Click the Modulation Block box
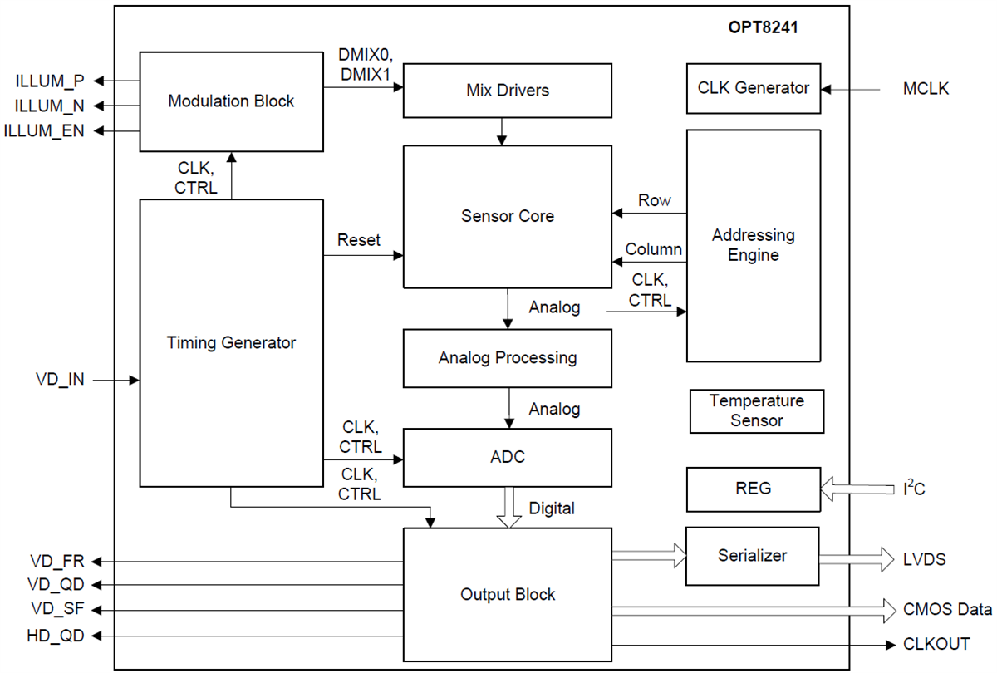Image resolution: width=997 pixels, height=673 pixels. pyautogui.click(x=231, y=101)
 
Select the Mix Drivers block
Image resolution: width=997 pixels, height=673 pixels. pyautogui.click(x=507, y=90)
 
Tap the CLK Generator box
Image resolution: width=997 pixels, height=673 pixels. pyautogui.click(x=753, y=88)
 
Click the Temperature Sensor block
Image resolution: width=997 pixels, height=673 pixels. pyautogui.click(x=756, y=411)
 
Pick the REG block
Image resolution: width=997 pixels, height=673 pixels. pyautogui.click(x=753, y=489)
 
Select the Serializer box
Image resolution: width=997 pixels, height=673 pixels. pyautogui.click(x=752, y=556)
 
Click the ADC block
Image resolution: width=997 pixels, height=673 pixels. pyautogui.click(x=507, y=458)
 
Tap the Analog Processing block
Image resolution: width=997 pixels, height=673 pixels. pyautogui.click(x=507, y=358)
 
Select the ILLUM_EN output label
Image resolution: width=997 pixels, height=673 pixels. pyautogui.click(x=44, y=130)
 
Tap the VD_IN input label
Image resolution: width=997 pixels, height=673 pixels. pyautogui.click(x=60, y=381)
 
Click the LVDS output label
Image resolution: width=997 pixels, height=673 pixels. pyautogui.click(x=925, y=560)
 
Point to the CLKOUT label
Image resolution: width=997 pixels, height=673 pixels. pyautogui.click(x=936, y=644)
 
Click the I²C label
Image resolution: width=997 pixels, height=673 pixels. pyautogui.click(x=914, y=489)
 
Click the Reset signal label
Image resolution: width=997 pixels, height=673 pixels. pyautogui.click(x=358, y=240)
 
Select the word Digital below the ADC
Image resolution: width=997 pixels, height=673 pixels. pyautogui.click(x=552, y=508)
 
